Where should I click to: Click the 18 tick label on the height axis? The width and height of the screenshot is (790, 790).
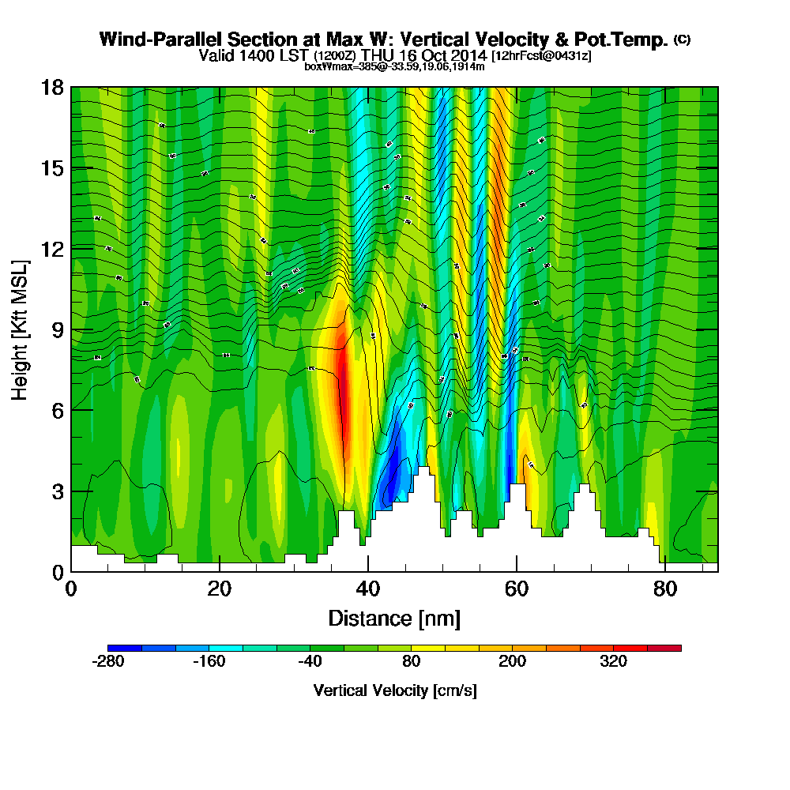53,87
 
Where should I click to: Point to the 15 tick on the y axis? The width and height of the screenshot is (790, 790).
53,168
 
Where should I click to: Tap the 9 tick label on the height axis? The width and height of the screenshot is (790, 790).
57,329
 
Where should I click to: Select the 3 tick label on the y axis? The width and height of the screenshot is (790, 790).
57,491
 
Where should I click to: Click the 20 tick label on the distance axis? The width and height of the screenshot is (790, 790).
220,589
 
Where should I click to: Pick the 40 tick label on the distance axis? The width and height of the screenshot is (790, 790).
368,589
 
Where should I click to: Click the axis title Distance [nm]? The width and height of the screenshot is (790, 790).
394,618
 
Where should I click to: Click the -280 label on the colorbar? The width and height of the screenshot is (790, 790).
109,661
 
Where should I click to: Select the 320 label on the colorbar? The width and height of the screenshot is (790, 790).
613,661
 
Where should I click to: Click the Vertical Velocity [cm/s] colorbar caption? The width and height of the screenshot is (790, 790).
394,690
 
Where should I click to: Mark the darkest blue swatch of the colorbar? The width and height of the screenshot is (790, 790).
125,648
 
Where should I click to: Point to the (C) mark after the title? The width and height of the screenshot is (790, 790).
682,39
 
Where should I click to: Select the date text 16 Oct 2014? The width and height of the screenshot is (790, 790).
445,55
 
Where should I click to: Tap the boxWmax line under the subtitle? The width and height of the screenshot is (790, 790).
394,66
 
